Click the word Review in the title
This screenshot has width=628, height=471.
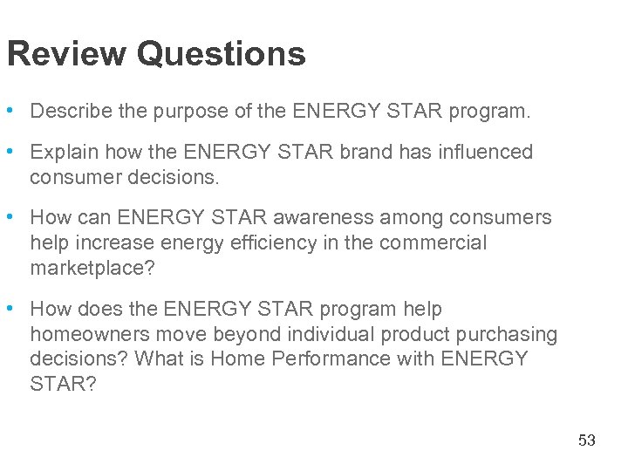(66, 54)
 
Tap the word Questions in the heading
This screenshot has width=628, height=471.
(221, 54)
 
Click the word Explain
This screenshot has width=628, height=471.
(64, 152)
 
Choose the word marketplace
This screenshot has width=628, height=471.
(92, 268)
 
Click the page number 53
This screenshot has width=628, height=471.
(587, 440)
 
